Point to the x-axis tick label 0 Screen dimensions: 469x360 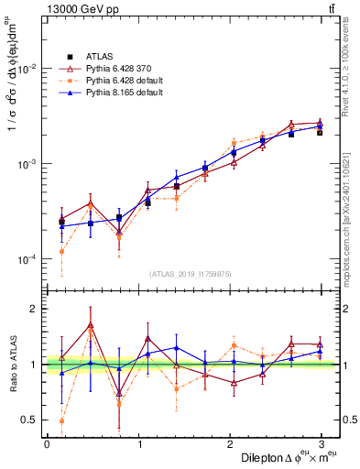47,443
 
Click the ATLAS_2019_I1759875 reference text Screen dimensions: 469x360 190,274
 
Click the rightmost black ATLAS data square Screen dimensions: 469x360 320,132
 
